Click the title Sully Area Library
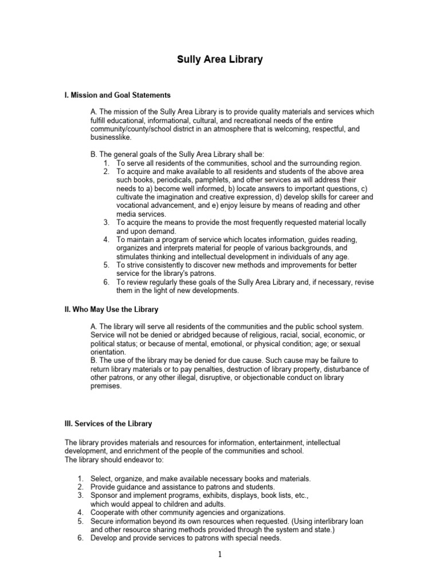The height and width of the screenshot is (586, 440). pos(219,60)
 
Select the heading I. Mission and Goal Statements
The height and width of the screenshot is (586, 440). pos(117,95)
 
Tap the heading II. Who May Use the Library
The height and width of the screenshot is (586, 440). pos(111,309)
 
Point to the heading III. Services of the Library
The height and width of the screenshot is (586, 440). pos(108,424)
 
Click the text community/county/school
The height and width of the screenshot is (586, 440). pos(132,129)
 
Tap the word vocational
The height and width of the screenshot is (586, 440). pos(133,204)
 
